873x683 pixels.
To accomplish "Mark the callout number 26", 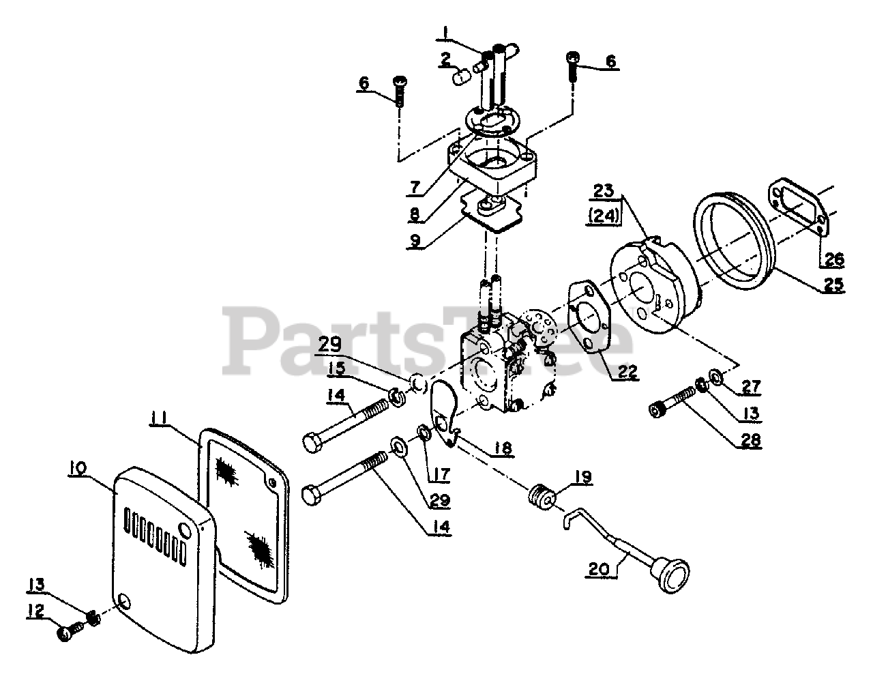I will (833, 259).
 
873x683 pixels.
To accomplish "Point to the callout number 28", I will (752, 441).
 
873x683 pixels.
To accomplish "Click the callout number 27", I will (751, 388).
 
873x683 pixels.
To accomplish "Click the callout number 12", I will (36, 611).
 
